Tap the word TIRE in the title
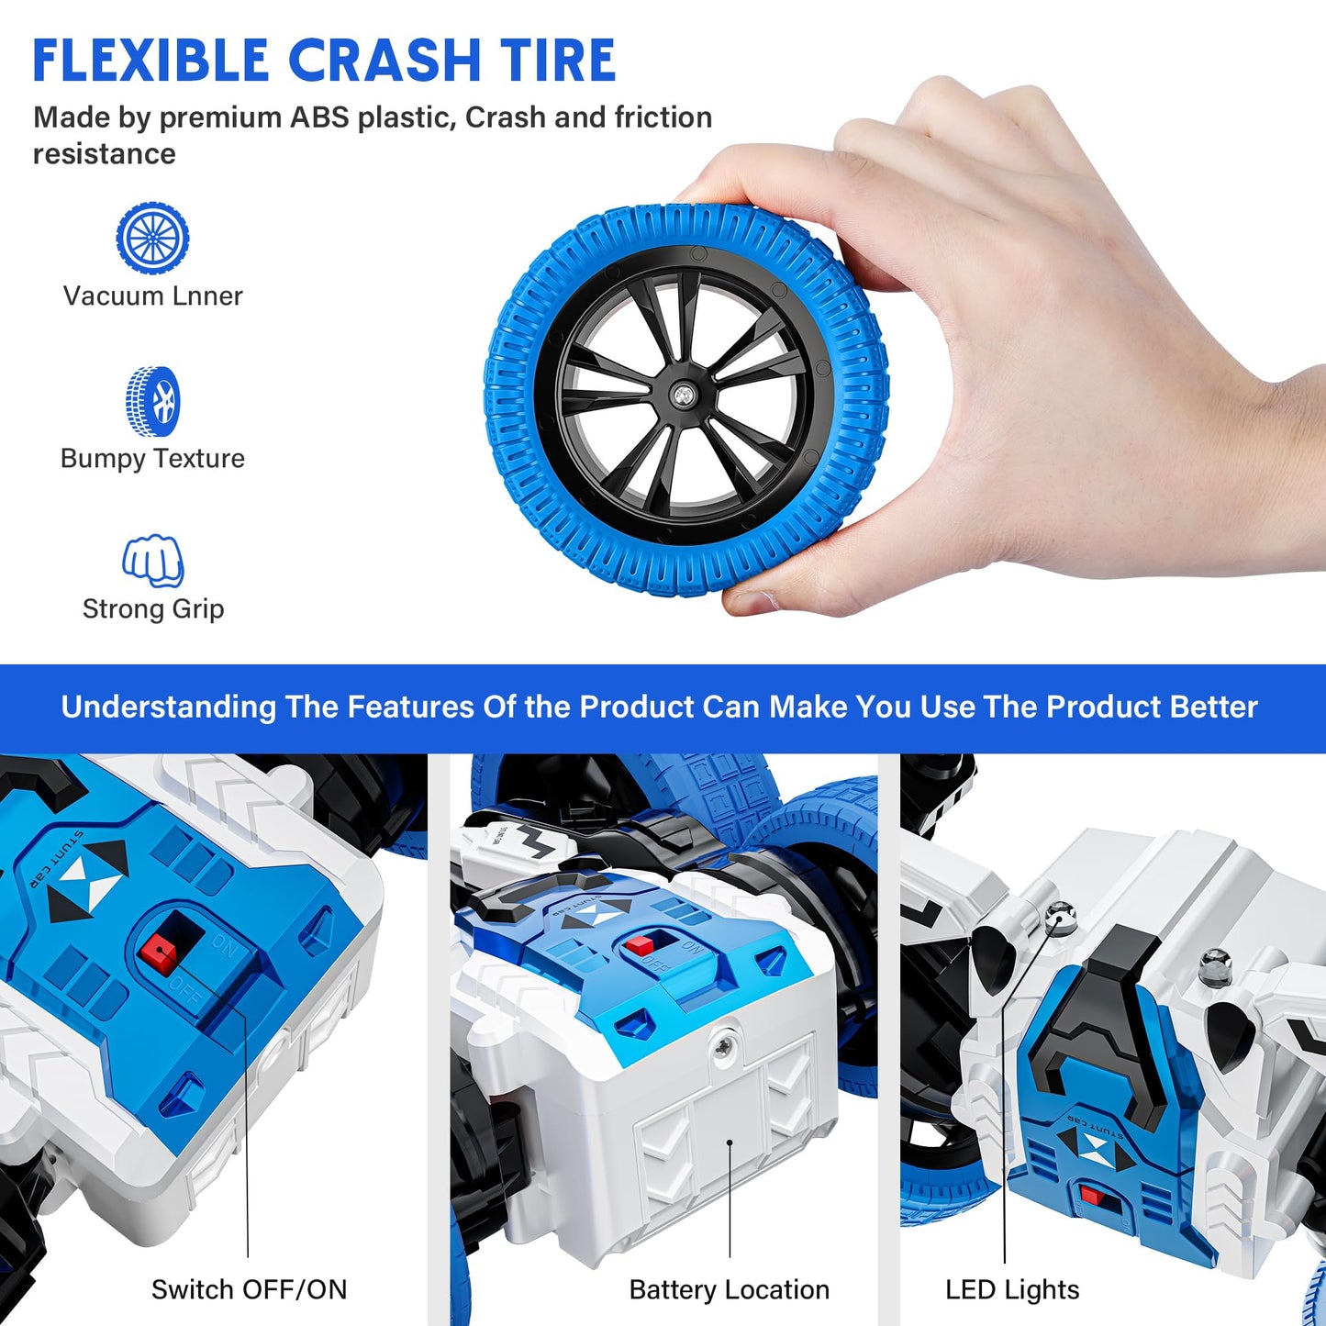click(x=558, y=61)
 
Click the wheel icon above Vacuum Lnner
click(x=152, y=239)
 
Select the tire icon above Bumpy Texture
click(x=153, y=402)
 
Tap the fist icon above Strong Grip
click(x=153, y=561)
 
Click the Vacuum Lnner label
click(x=152, y=296)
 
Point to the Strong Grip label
click(x=153, y=608)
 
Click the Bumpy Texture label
click(x=152, y=458)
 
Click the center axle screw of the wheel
click(x=684, y=396)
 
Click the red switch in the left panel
click(x=159, y=954)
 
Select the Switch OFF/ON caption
click(x=249, y=1289)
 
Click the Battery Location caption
click(x=729, y=1289)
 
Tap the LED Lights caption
click(x=1011, y=1289)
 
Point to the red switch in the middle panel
click(x=640, y=943)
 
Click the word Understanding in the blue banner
click(x=168, y=707)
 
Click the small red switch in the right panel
click(x=1091, y=1196)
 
